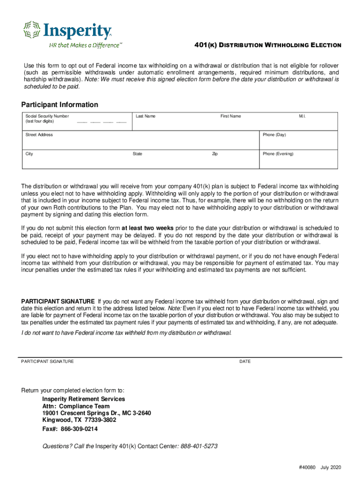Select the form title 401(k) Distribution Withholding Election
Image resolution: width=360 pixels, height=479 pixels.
coord(267,45)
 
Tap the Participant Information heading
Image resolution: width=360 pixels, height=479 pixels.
coord(60,105)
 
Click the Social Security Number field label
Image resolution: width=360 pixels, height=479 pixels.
coord(47,116)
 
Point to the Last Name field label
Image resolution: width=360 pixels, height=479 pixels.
coord(145,116)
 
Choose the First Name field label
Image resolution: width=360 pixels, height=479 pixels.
coord(230,116)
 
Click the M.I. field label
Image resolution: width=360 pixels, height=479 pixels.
coord(302,116)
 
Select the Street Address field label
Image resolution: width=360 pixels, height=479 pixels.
coord(39,135)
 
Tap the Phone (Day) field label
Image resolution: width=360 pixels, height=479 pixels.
coord(274,135)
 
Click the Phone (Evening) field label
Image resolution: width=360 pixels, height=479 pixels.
coord(278,153)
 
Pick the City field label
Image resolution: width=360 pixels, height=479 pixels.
coord(29,153)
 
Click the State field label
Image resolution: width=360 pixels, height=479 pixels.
coord(137,153)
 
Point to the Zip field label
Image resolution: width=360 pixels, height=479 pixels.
coord(215,153)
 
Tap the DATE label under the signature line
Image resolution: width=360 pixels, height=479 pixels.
coord(245,362)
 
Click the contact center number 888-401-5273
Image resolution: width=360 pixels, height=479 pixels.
coord(199,446)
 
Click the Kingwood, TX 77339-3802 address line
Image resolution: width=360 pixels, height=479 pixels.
coord(79,420)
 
